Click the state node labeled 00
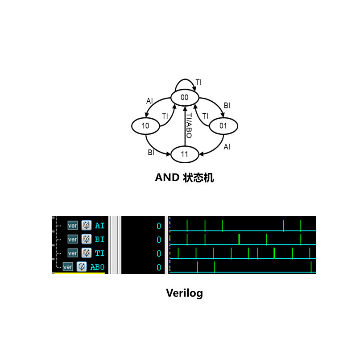tap(185, 98)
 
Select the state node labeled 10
tap(145, 126)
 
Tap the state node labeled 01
tap(223, 126)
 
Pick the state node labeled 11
tap(185, 154)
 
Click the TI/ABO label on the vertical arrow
tap(189, 126)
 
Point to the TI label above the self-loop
tap(199, 83)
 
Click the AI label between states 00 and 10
tap(149, 101)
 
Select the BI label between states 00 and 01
tap(227, 106)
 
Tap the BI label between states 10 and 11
tap(151, 153)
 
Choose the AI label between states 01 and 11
tap(227, 147)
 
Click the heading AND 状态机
tap(184, 178)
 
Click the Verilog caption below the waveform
tap(184, 293)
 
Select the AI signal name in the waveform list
tap(99, 226)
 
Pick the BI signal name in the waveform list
tap(99, 240)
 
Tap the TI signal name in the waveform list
tap(99, 253)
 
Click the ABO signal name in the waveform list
tap(97, 267)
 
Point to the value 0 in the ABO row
tap(159, 268)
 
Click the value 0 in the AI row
tap(159, 226)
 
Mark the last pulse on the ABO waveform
tap(311, 267)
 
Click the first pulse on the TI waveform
tap(178, 253)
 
